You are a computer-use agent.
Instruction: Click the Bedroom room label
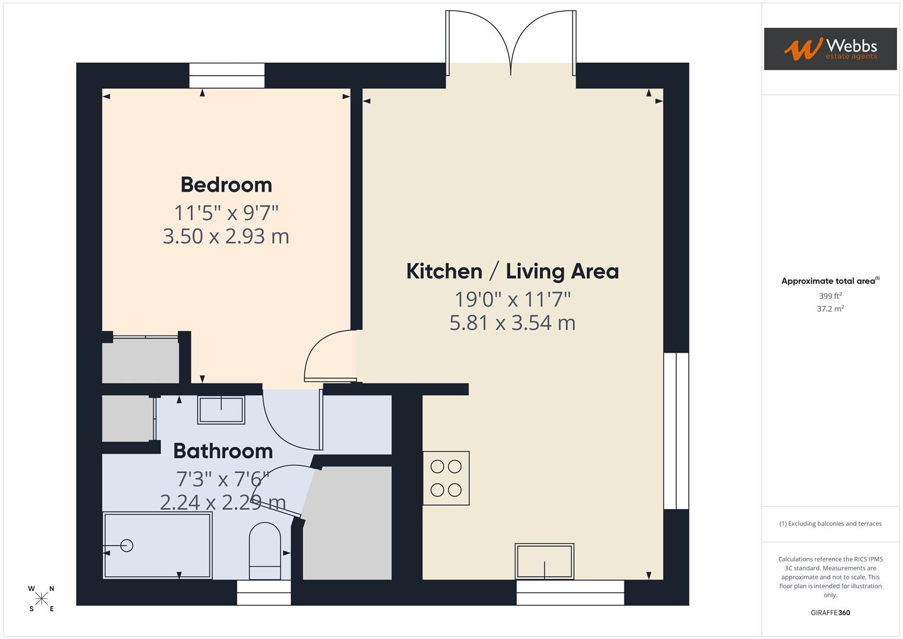click(x=226, y=185)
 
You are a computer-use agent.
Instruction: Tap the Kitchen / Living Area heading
click(x=512, y=271)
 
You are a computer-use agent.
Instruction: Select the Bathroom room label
click(x=223, y=451)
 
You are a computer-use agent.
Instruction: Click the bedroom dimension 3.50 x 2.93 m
click(x=226, y=236)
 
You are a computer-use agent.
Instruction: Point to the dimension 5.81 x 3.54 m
click(x=512, y=322)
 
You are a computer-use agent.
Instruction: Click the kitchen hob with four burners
click(x=446, y=478)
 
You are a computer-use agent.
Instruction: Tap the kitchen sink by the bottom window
click(x=544, y=561)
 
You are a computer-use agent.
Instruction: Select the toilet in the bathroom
click(x=264, y=551)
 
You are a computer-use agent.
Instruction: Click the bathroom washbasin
click(x=221, y=410)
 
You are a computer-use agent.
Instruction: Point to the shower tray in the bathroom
click(x=157, y=546)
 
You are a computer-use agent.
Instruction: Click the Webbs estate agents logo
click(x=830, y=49)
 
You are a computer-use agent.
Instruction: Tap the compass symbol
click(x=41, y=599)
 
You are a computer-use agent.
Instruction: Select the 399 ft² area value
click(x=830, y=296)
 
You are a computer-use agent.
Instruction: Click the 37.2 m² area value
click(x=830, y=309)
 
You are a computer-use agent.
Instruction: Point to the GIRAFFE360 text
click(x=830, y=613)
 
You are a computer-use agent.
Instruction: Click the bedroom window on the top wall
click(x=226, y=76)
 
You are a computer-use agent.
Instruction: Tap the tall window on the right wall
click(x=676, y=431)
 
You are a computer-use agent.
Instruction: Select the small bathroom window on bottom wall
click(x=264, y=592)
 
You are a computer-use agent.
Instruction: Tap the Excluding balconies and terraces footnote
click(x=830, y=524)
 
